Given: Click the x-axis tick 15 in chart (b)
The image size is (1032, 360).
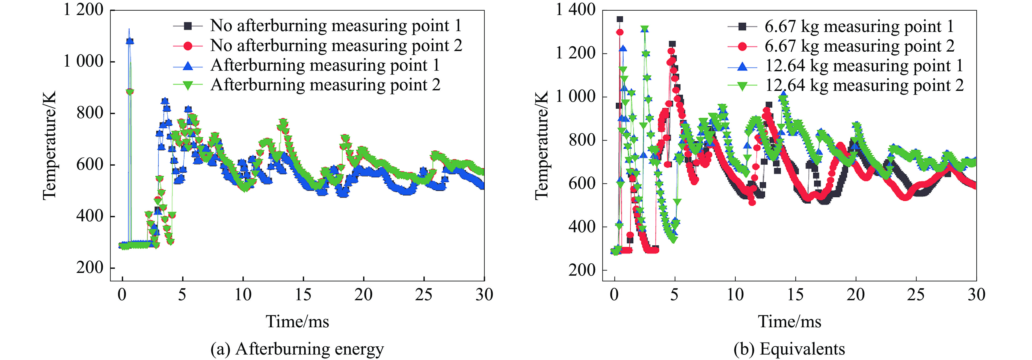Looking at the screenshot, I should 795,295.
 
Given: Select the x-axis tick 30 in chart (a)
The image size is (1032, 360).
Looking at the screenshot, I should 484,295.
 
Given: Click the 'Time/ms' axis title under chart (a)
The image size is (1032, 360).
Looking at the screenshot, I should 297,322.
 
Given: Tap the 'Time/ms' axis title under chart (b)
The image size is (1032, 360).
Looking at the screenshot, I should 789,322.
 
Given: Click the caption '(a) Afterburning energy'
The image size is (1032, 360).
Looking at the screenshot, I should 297,349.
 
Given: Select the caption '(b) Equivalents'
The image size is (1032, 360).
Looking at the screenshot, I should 789,349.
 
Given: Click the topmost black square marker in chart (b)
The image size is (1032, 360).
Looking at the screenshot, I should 620,19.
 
